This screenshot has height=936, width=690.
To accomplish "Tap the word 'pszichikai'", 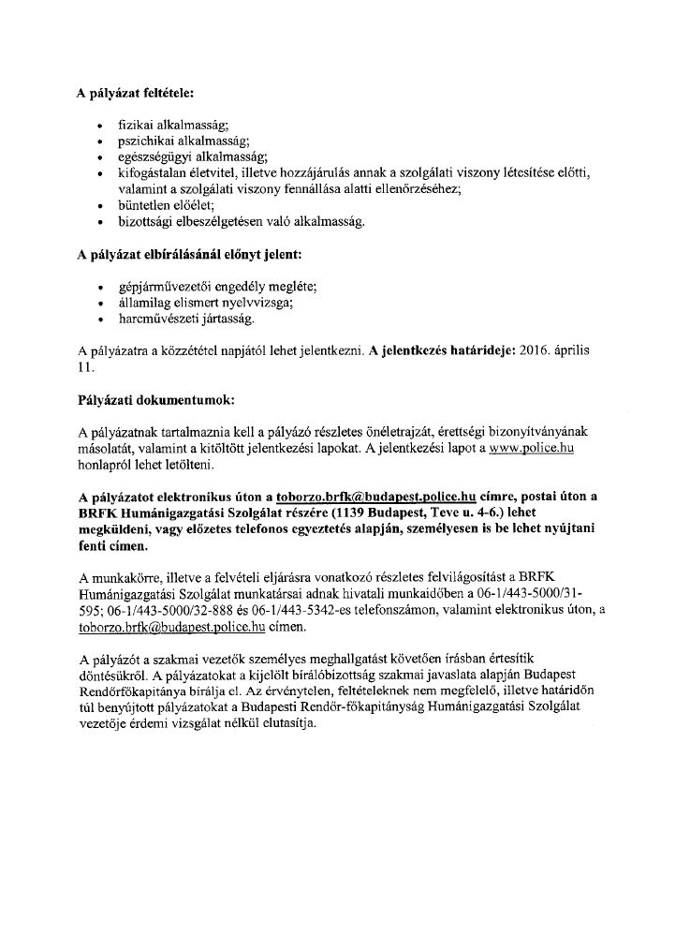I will pyautogui.click(x=145, y=141).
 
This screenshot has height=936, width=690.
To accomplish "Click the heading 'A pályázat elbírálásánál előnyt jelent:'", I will pyautogui.click(x=190, y=254).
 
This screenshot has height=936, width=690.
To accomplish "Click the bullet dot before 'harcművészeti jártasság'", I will pyautogui.click(x=100, y=319).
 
